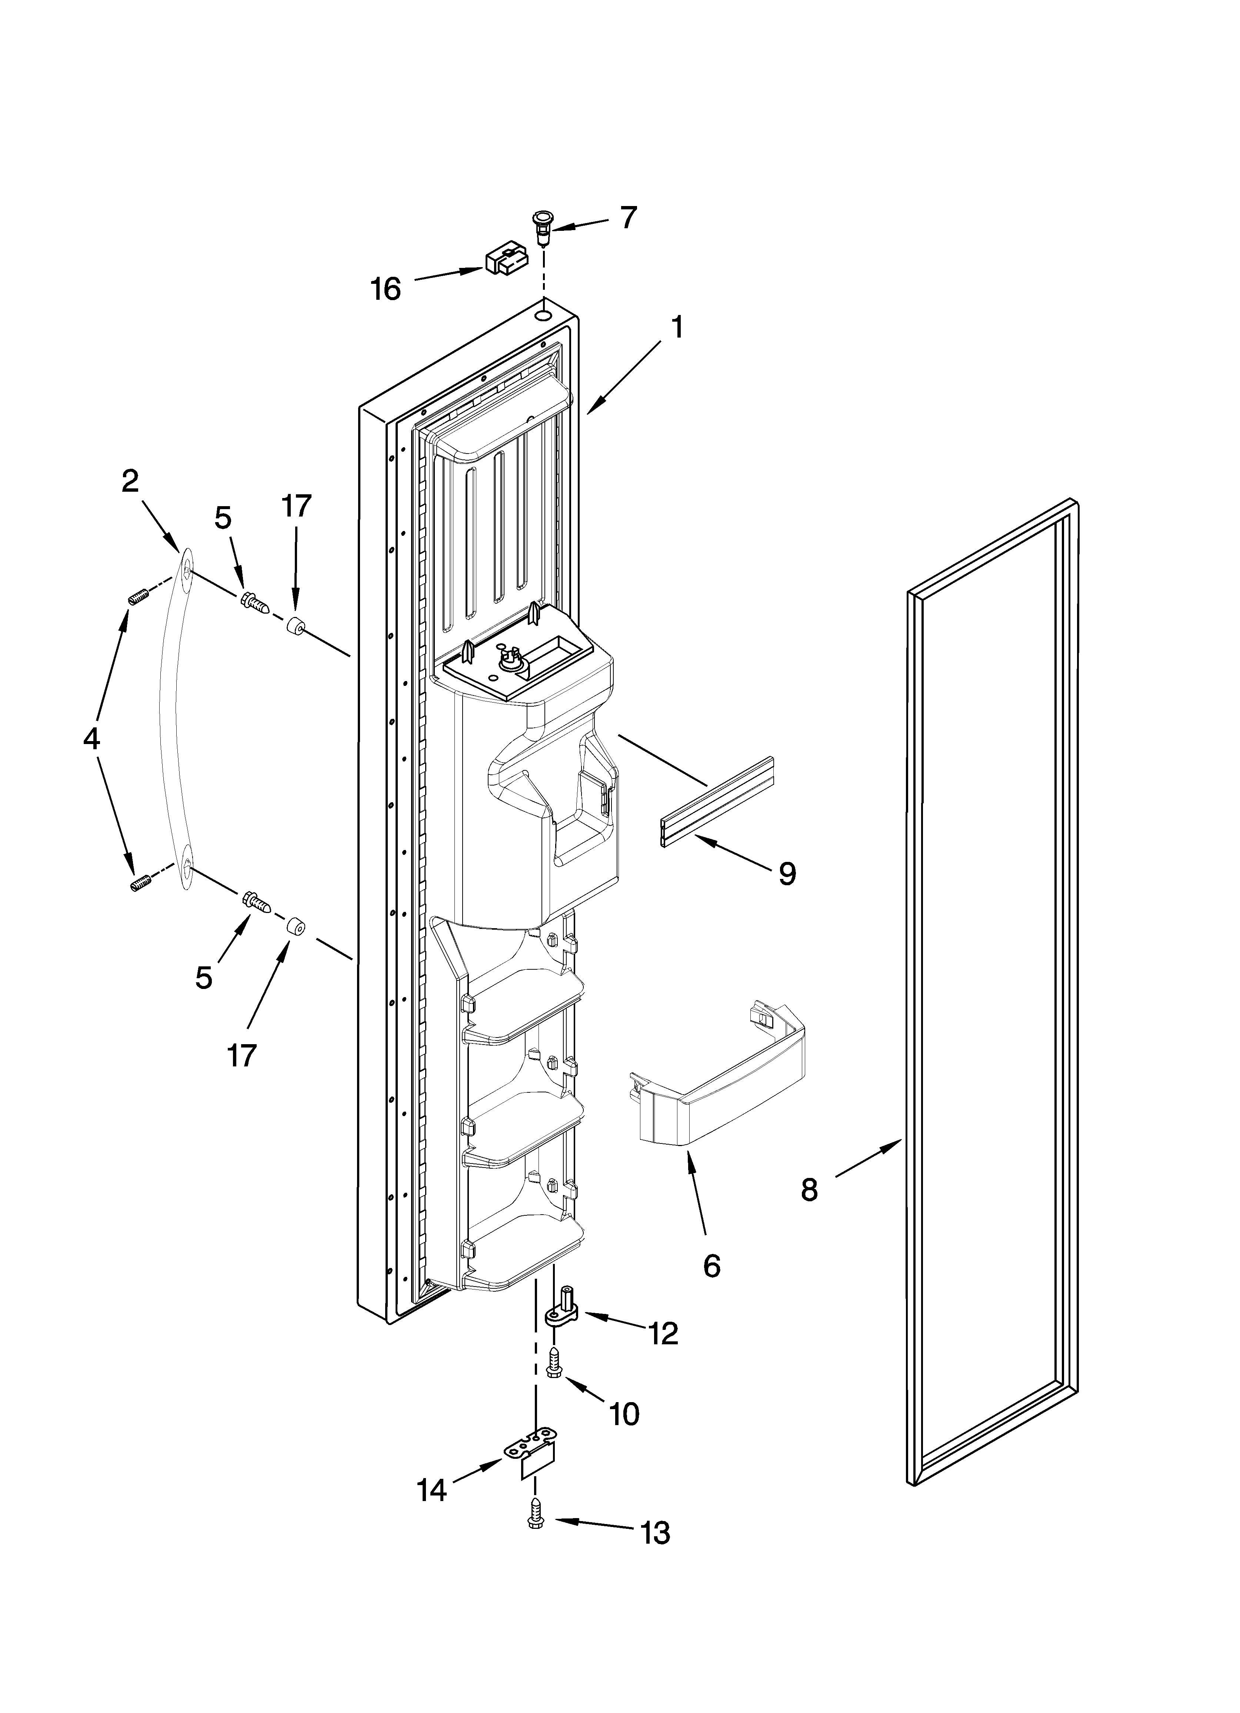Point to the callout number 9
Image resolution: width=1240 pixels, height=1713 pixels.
[x=787, y=874]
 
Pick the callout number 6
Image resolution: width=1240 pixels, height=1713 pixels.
[x=711, y=1266]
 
